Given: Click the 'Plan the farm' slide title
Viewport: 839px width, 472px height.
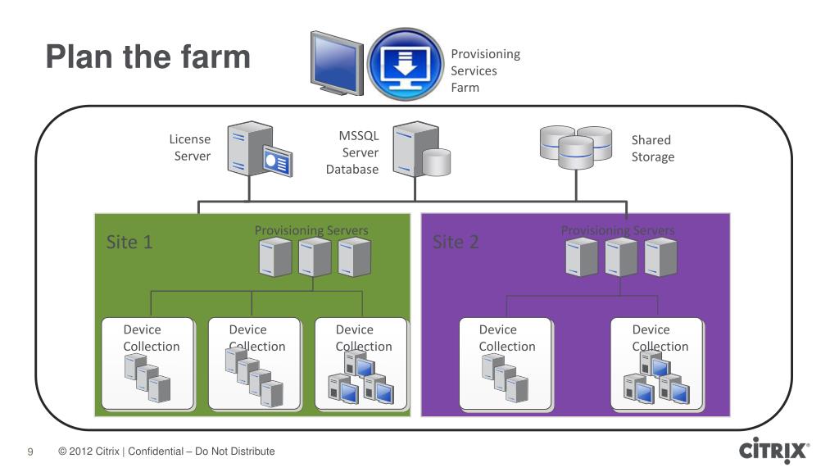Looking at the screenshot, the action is click(x=148, y=57).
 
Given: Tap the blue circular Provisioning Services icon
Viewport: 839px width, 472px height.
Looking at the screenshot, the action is click(x=406, y=64).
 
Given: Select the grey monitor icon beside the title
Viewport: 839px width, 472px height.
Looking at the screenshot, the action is click(x=337, y=63).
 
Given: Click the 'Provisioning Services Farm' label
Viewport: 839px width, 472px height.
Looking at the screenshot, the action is click(x=485, y=70).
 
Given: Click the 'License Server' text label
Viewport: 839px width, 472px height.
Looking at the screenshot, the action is click(x=190, y=147).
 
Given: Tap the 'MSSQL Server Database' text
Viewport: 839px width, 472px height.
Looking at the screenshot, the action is click(x=352, y=152).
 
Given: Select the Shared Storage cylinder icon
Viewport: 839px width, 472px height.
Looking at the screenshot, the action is click(x=576, y=147).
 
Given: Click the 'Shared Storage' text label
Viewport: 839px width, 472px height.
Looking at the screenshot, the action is click(x=653, y=148).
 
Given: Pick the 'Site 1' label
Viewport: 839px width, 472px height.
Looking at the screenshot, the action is click(x=129, y=242).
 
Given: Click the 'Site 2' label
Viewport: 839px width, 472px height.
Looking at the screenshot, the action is click(x=456, y=242).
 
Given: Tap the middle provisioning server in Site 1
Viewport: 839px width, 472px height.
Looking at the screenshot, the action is click(x=315, y=257).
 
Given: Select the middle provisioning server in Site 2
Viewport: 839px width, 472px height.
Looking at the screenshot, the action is click(x=621, y=257).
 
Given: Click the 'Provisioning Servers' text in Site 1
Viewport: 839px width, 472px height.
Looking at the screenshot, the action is click(x=311, y=230).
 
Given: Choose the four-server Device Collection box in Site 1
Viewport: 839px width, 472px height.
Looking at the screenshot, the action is click(x=254, y=365).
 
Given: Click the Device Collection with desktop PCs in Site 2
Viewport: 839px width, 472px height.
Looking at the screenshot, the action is click(x=658, y=365).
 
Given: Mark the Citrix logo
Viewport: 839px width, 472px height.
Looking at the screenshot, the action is click(x=774, y=450).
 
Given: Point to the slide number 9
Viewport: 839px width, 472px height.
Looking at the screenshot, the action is click(x=30, y=452).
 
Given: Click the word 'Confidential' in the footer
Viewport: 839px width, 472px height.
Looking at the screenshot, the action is click(x=155, y=452).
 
